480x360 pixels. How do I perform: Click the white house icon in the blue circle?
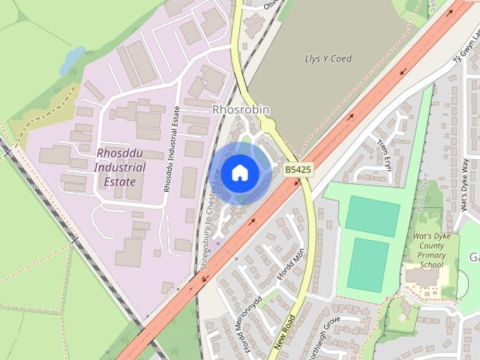(239, 172)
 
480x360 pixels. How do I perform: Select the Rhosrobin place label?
(240, 109)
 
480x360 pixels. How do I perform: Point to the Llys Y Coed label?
(328, 58)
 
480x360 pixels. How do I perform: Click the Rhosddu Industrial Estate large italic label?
(115, 166)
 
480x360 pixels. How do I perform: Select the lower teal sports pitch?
(367, 263)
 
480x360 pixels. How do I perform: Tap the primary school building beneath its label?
(422, 276)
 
